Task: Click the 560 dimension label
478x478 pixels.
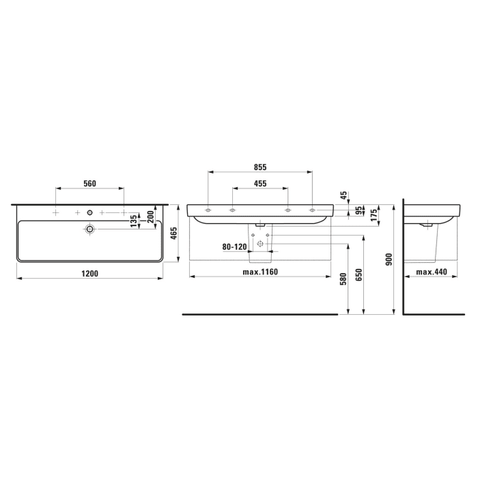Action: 89,183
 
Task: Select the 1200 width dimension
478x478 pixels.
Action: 89,273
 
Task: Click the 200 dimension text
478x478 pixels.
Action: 150,216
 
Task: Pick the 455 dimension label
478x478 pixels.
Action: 259,184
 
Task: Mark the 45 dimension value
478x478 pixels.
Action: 344,195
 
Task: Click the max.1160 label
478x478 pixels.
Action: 259,272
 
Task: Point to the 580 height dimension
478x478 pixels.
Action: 343,279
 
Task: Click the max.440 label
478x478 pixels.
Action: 432,272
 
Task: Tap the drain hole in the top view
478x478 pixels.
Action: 89,229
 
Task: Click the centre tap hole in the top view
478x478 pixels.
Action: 89,212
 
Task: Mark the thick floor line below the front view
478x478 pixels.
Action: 259,315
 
